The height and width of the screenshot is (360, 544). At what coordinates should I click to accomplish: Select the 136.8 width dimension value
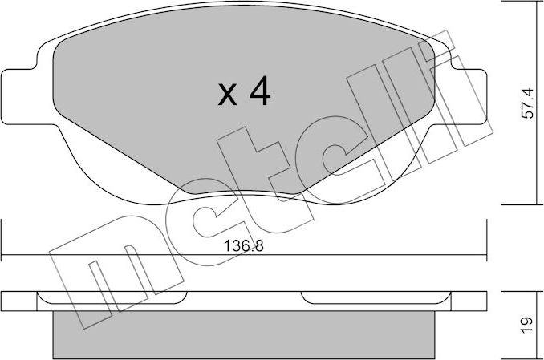point(244,247)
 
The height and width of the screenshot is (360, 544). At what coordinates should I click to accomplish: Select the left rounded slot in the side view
point(113,298)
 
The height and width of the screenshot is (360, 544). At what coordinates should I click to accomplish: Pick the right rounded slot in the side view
point(374,298)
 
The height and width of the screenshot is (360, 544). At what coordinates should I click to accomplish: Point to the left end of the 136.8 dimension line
point(2,257)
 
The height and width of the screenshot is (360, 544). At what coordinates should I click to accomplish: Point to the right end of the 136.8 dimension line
point(486,257)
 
